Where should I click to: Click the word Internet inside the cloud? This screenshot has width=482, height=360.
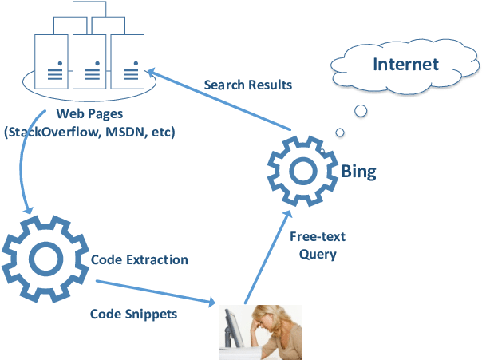[x=406, y=64]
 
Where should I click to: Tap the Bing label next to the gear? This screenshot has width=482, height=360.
[x=358, y=171]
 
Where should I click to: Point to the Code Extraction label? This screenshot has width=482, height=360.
[x=140, y=260]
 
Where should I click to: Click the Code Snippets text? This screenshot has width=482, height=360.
[x=133, y=314]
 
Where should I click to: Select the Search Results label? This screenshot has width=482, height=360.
[x=247, y=84]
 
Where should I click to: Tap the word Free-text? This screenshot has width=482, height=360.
[x=318, y=238]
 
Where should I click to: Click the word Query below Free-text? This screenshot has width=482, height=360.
[x=318, y=255]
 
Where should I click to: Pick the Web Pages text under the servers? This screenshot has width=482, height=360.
[x=89, y=114]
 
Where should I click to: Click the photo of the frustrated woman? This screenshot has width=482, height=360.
[x=260, y=332]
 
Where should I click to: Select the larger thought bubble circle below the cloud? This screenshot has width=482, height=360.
[x=361, y=110]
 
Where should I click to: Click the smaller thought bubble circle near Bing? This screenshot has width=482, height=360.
[x=340, y=132]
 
